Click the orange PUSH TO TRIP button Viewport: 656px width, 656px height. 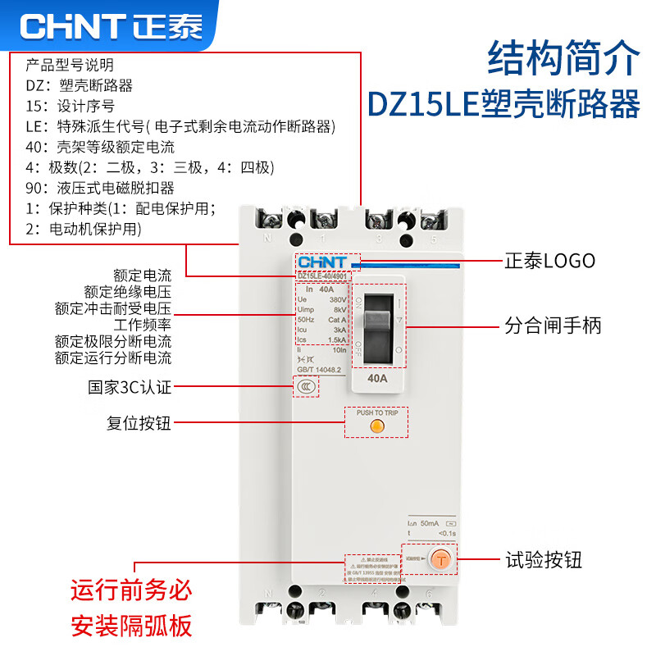[x=376, y=426]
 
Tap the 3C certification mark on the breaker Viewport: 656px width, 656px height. [x=307, y=385]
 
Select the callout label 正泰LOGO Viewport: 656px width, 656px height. [x=549, y=262]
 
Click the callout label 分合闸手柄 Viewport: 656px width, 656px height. [x=553, y=326]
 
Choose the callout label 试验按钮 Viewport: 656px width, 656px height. [x=543, y=560]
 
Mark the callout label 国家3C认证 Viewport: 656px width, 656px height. [x=130, y=386]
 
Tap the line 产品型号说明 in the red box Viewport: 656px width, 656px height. [x=70, y=65]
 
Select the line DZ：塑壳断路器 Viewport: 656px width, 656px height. [x=79, y=85]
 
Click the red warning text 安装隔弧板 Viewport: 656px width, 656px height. [x=131, y=626]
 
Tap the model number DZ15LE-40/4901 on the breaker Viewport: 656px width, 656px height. [x=327, y=276]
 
